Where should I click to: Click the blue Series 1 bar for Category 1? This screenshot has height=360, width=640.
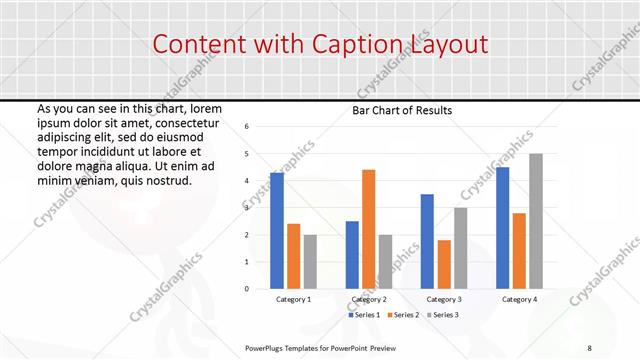click(277, 231)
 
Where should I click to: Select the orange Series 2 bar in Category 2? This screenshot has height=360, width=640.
click(368, 229)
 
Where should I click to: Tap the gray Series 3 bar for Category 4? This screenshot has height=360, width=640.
click(536, 221)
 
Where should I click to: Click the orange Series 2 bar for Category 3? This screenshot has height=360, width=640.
click(444, 264)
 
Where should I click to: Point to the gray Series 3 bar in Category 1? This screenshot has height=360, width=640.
click(310, 262)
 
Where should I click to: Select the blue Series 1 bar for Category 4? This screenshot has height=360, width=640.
click(502, 228)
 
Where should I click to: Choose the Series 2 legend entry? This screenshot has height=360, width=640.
click(403, 315)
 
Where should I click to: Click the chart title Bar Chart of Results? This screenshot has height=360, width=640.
click(402, 110)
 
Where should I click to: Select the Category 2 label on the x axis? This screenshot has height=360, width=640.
click(368, 299)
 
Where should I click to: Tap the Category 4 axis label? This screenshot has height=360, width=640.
click(519, 299)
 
